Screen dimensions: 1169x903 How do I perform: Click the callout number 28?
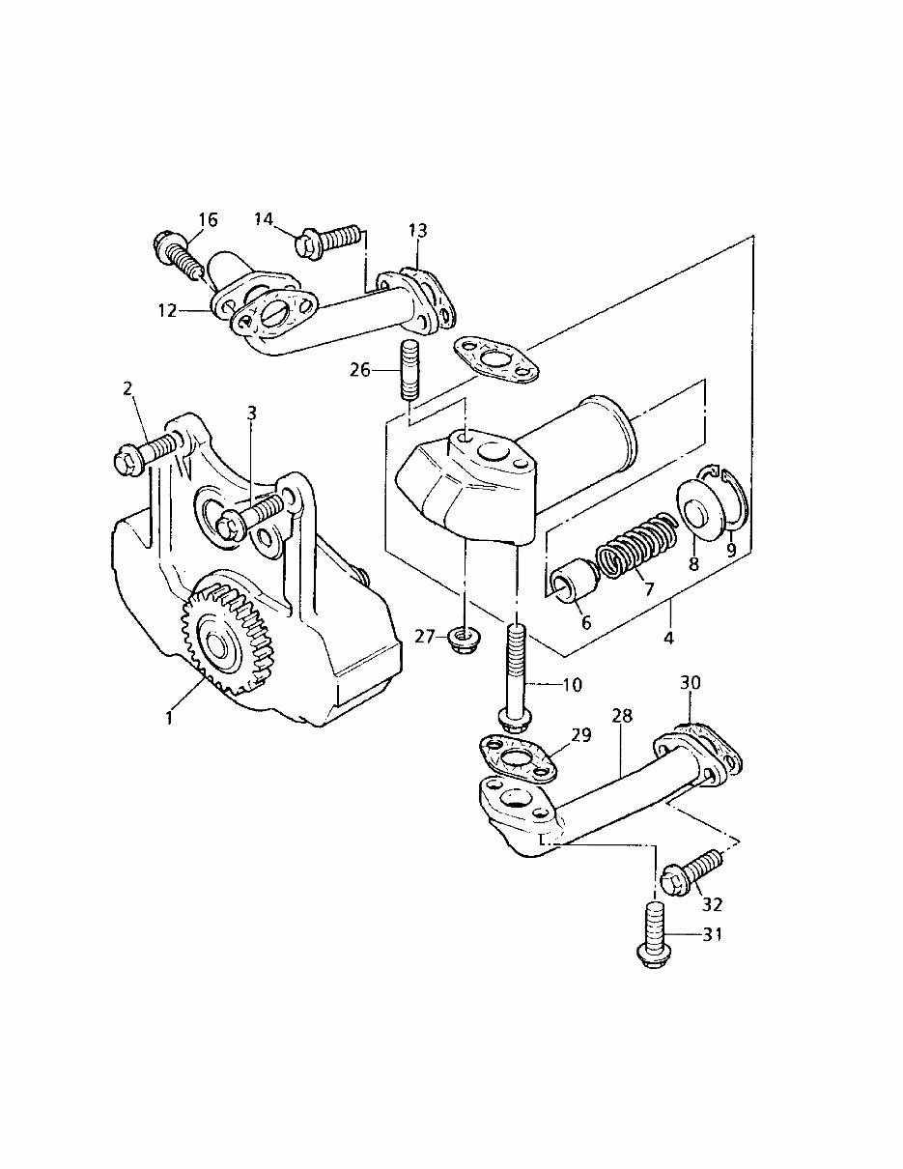(624, 716)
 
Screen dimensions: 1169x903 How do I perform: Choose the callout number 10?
(572, 685)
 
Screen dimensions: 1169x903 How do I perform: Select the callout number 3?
(251, 413)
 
